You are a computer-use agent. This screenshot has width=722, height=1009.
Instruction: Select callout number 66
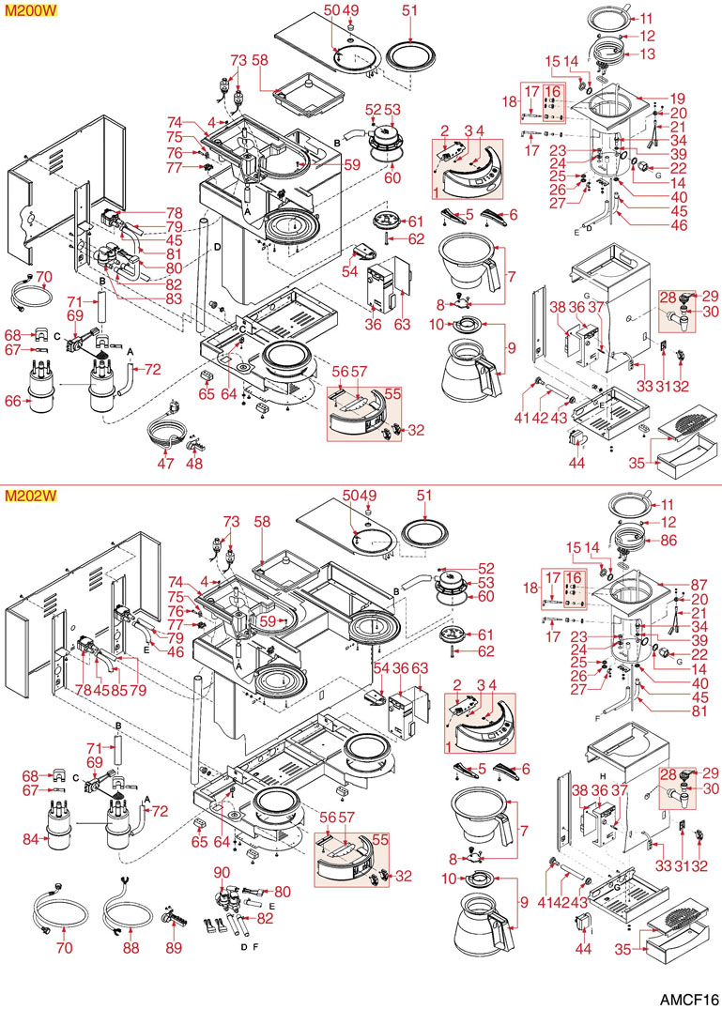click(x=13, y=401)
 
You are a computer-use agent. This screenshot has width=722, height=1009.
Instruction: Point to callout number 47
click(x=165, y=463)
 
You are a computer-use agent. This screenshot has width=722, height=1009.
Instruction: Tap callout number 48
click(x=195, y=463)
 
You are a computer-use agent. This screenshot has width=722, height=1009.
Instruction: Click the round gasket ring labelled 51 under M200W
click(x=409, y=52)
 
